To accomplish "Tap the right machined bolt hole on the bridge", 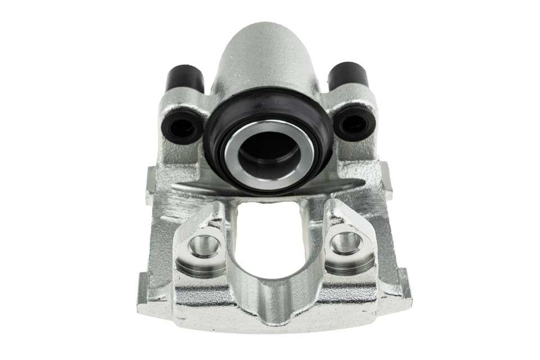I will [346, 243].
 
